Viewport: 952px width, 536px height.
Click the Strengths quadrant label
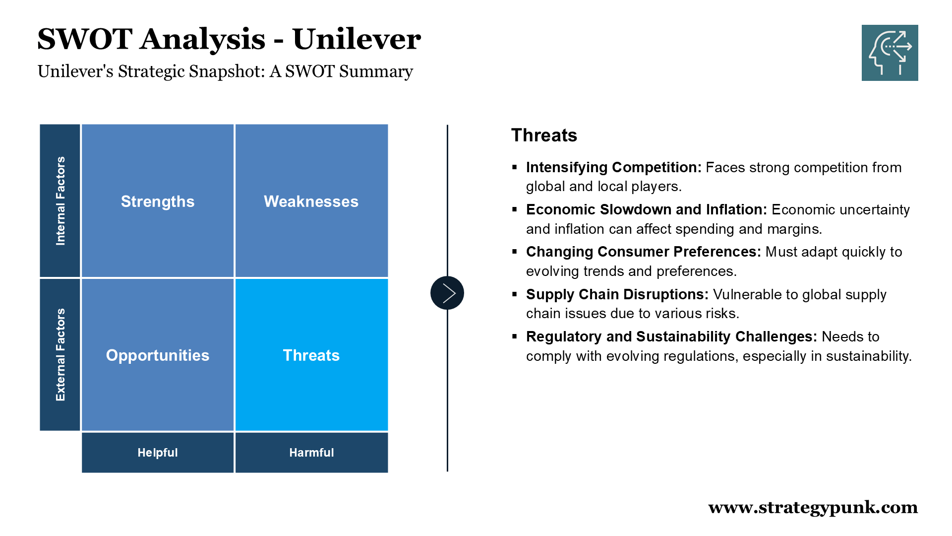pos(158,201)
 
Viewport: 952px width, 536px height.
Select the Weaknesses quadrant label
pos(311,201)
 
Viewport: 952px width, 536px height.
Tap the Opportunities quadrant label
pos(158,355)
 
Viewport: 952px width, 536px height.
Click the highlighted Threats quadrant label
pos(311,355)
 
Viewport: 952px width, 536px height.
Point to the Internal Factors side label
pos(60,201)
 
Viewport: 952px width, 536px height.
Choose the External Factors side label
pos(60,355)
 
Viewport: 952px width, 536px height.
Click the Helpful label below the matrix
pos(158,453)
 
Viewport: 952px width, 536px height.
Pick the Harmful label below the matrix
pos(311,453)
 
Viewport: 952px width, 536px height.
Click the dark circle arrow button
pos(447,293)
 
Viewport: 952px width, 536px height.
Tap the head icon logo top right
pos(890,53)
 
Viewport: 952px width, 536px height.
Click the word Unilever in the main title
pos(357,39)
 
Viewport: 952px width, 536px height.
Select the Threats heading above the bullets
pos(544,135)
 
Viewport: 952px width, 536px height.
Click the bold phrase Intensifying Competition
pos(614,168)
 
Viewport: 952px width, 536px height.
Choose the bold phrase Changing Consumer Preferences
pos(644,252)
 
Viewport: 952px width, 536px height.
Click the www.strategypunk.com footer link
pos(813,508)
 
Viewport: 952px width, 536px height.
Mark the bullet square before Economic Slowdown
pos(515,209)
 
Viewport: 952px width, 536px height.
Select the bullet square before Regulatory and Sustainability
pos(515,336)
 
